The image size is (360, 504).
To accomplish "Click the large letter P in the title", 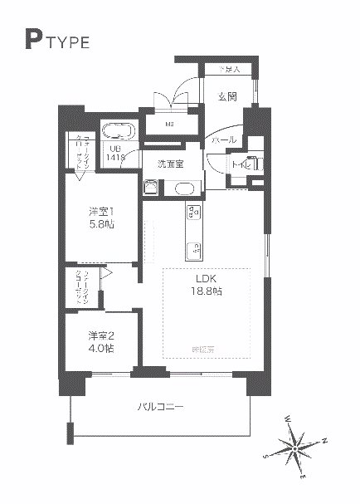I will (33, 41).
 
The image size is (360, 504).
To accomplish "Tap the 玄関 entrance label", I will (228, 96).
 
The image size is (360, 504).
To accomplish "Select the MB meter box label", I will (169, 125).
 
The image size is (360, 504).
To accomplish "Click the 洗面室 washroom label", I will (172, 163).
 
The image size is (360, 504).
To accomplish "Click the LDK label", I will (206, 280).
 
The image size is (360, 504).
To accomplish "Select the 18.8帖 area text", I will (206, 292).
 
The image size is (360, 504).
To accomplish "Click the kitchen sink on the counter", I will (192, 247).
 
